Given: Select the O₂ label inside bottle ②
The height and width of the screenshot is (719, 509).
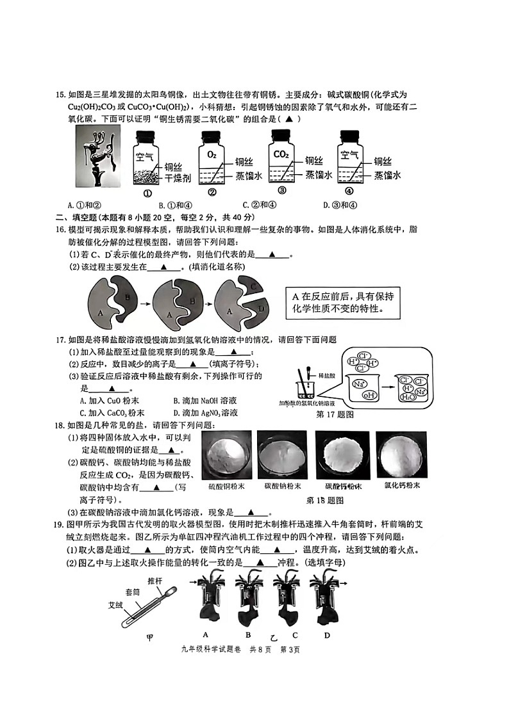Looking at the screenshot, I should point(212,154).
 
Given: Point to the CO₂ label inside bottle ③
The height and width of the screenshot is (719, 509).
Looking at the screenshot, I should point(281,154).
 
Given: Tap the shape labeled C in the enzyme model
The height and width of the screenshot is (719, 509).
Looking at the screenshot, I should point(254,287).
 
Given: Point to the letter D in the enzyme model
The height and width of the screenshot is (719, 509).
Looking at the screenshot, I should point(261,309).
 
